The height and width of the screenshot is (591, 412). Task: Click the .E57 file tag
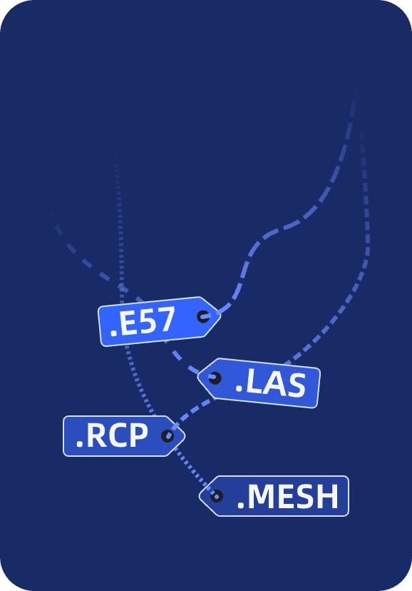click(x=159, y=321)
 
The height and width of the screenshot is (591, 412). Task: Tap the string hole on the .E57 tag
click(x=204, y=316)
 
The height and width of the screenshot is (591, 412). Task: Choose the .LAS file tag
click(x=259, y=383)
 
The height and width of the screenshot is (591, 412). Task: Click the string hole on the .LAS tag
click(x=215, y=378)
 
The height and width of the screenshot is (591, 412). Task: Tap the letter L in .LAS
click(x=253, y=382)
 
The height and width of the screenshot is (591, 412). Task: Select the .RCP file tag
click(x=124, y=436)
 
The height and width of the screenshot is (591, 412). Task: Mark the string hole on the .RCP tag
click(x=168, y=436)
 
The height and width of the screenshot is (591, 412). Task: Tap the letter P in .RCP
click(x=138, y=435)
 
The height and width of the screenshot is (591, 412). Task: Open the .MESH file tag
click(x=274, y=496)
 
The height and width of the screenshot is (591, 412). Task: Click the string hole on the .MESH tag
click(x=217, y=496)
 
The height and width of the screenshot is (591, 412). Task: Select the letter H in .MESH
click(x=328, y=496)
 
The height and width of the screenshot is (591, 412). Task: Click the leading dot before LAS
click(x=239, y=391)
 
